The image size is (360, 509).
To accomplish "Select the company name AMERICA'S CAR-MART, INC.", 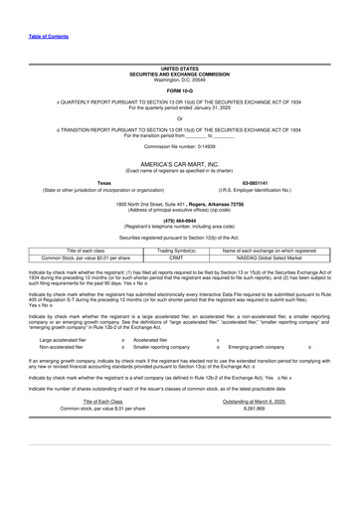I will [180, 161].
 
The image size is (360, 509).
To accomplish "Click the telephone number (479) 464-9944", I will [180, 220].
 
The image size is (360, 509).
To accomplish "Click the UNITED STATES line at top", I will [180, 69].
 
